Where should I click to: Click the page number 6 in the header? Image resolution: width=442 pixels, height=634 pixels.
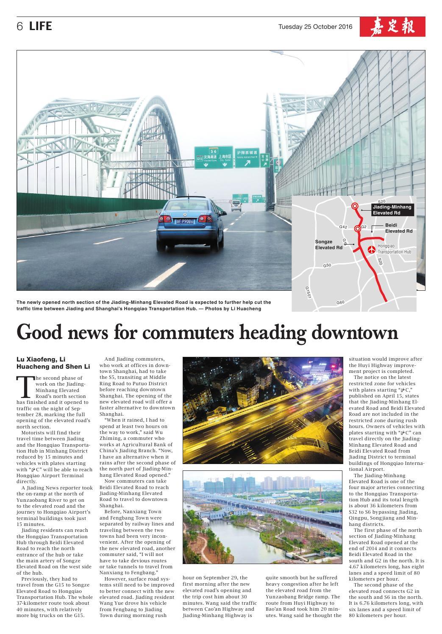19,27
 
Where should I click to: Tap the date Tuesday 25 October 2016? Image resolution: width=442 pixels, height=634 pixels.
315,27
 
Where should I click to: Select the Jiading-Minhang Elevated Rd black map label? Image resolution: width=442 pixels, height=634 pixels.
392,210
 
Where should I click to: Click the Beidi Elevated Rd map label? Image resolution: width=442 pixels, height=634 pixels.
398,228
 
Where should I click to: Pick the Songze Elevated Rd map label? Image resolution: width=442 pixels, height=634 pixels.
328,245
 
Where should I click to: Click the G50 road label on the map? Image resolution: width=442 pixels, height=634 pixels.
327,265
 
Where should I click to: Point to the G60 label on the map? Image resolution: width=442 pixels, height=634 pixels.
340,302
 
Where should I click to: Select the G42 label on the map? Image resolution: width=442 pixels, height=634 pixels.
343,227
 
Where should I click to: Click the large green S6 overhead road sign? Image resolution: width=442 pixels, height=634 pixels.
214,158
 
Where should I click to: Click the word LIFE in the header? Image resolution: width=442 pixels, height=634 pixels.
41,27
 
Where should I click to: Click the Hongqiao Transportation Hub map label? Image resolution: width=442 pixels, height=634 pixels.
394,249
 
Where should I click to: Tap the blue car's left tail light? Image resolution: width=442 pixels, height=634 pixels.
162,218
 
